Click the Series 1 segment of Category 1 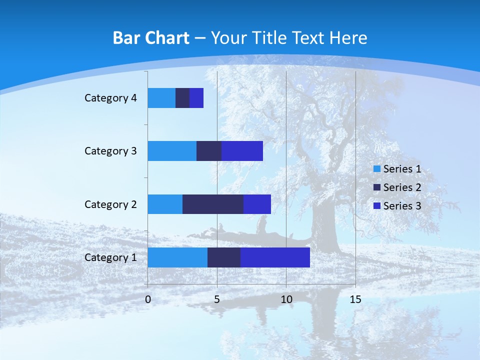[x=177, y=257]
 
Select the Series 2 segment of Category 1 [x=224, y=257]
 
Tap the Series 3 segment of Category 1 [x=275, y=257]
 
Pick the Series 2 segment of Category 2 [x=213, y=204]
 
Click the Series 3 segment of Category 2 [x=257, y=204]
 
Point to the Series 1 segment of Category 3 [x=172, y=151]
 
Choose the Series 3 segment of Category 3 [x=242, y=151]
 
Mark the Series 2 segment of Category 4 [x=182, y=98]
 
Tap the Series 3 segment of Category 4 [x=196, y=98]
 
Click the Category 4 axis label [x=110, y=98]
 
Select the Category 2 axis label [x=110, y=204]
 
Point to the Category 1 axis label [x=110, y=257]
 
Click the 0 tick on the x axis [x=148, y=299]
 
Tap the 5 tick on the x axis [x=217, y=299]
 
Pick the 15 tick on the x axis [x=355, y=299]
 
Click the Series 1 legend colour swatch [x=377, y=169]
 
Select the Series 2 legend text [x=402, y=187]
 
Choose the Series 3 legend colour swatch [x=377, y=206]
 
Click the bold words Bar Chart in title [x=151, y=38]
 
